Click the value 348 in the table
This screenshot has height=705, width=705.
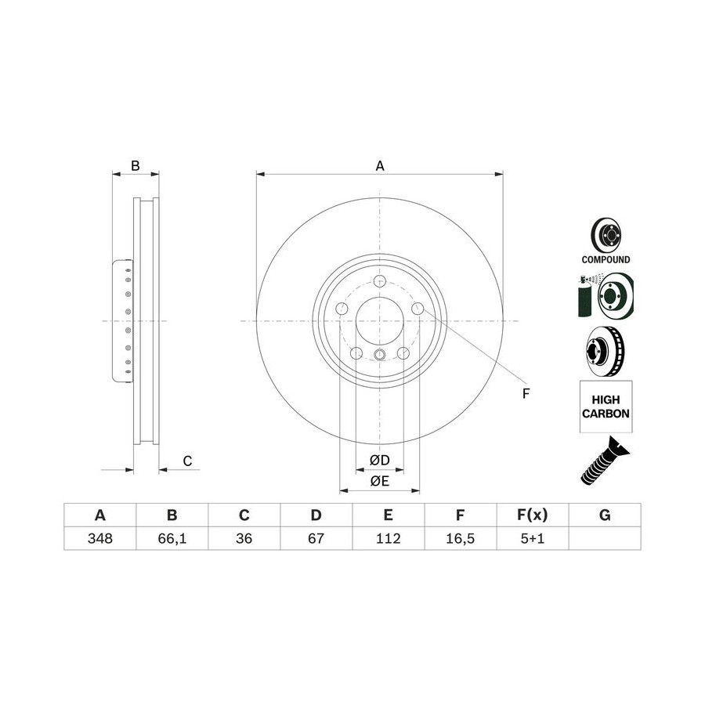tap(100, 538)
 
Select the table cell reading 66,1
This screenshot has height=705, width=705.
tap(172, 538)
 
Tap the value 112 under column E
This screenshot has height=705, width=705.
tap(388, 538)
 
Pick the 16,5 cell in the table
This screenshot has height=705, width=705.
tap(460, 538)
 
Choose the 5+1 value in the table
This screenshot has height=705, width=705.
tap(533, 538)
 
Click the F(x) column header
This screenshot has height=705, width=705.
tap(533, 515)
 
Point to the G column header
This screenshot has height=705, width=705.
tap(605, 515)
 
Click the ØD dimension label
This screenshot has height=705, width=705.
tap(379, 460)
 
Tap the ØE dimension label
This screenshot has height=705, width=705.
tap(379, 481)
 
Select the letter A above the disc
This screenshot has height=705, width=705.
tap(380, 166)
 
